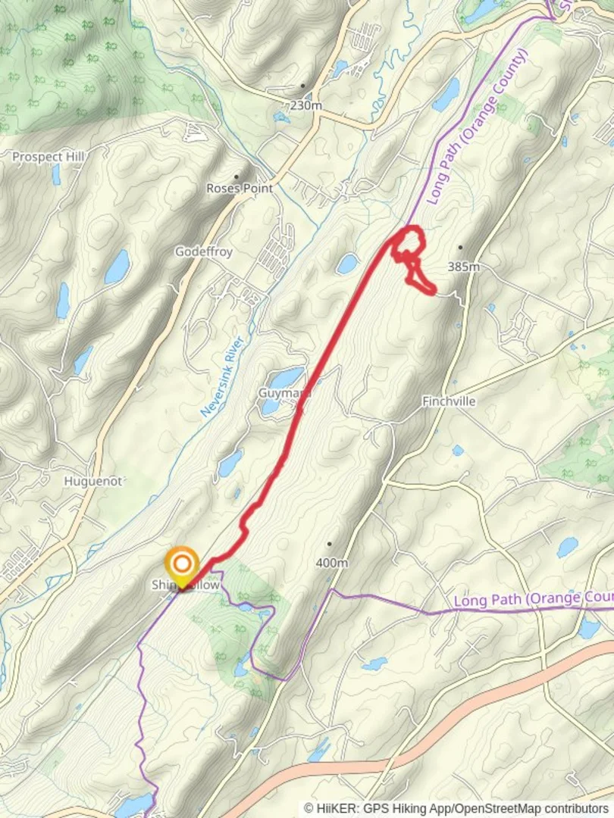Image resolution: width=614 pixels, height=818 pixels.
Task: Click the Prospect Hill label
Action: coord(49,157)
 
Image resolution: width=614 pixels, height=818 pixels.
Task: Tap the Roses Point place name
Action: coord(240,188)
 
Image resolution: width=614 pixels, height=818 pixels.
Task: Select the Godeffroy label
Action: coord(204,251)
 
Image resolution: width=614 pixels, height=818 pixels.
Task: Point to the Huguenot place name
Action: coord(93,481)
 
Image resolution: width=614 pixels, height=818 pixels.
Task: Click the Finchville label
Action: coord(450,401)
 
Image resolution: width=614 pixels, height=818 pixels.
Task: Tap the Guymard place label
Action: coord(284,394)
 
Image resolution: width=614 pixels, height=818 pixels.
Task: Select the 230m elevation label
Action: coord(305,106)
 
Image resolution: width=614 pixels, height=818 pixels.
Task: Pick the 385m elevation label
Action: coord(464,267)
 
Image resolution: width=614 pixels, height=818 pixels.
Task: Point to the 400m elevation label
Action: coord(331,563)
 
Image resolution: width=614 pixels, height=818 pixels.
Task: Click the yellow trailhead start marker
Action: coord(182,565)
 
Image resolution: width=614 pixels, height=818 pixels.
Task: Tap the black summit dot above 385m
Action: coord(460,248)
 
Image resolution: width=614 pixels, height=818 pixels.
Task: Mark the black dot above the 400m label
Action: coord(330,544)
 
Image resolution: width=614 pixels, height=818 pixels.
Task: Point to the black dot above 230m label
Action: coord(303,86)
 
